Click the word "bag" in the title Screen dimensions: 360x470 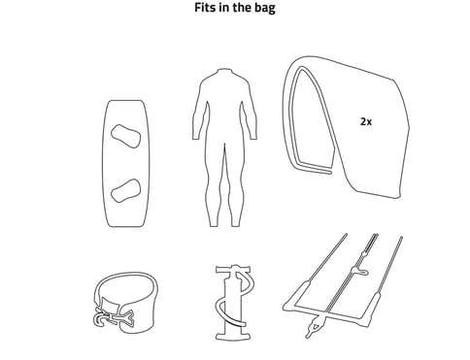pos(265,10)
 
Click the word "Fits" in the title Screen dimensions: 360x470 pos(207,10)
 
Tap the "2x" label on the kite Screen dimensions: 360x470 pos(365,123)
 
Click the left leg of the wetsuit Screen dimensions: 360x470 pos(217,189)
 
